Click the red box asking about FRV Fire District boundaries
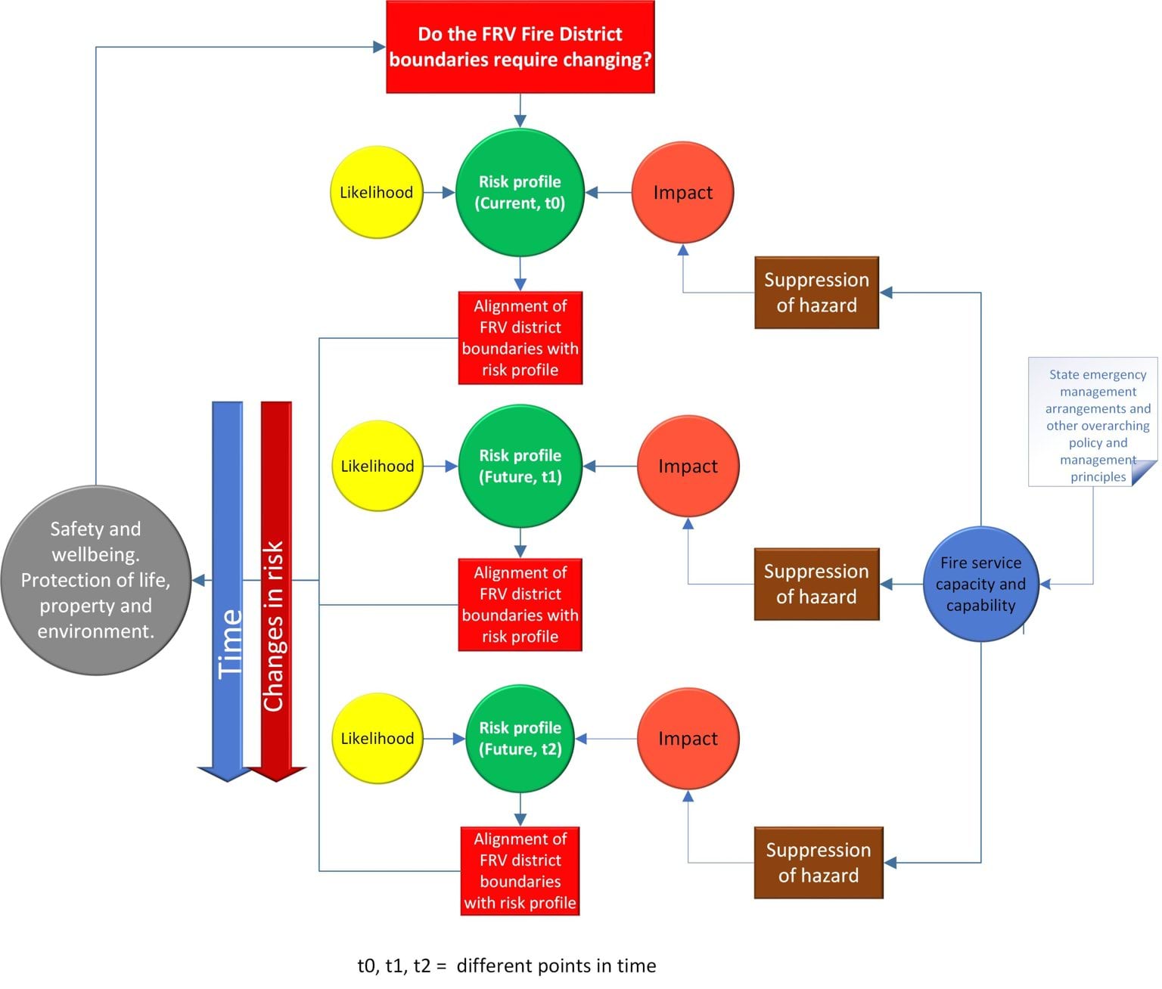click(x=520, y=47)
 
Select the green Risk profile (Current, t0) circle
click(x=520, y=192)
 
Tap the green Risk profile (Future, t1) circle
click(x=520, y=466)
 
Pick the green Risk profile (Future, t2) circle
click(x=520, y=739)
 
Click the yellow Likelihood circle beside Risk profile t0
click(x=377, y=192)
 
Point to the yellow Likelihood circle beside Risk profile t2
click(x=377, y=739)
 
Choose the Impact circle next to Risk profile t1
click(x=688, y=466)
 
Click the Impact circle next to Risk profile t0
click(x=683, y=192)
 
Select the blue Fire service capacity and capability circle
click(x=981, y=584)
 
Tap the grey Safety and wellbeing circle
click(x=95, y=580)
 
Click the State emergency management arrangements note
click(x=1093, y=421)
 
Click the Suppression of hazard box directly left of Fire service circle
click(x=816, y=584)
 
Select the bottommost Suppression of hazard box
click(x=819, y=863)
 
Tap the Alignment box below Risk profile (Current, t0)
click(x=520, y=338)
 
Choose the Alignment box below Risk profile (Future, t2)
click(x=520, y=871)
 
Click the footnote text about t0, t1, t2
click(x=507, y=966)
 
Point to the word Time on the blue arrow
click(x=230, y=643)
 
